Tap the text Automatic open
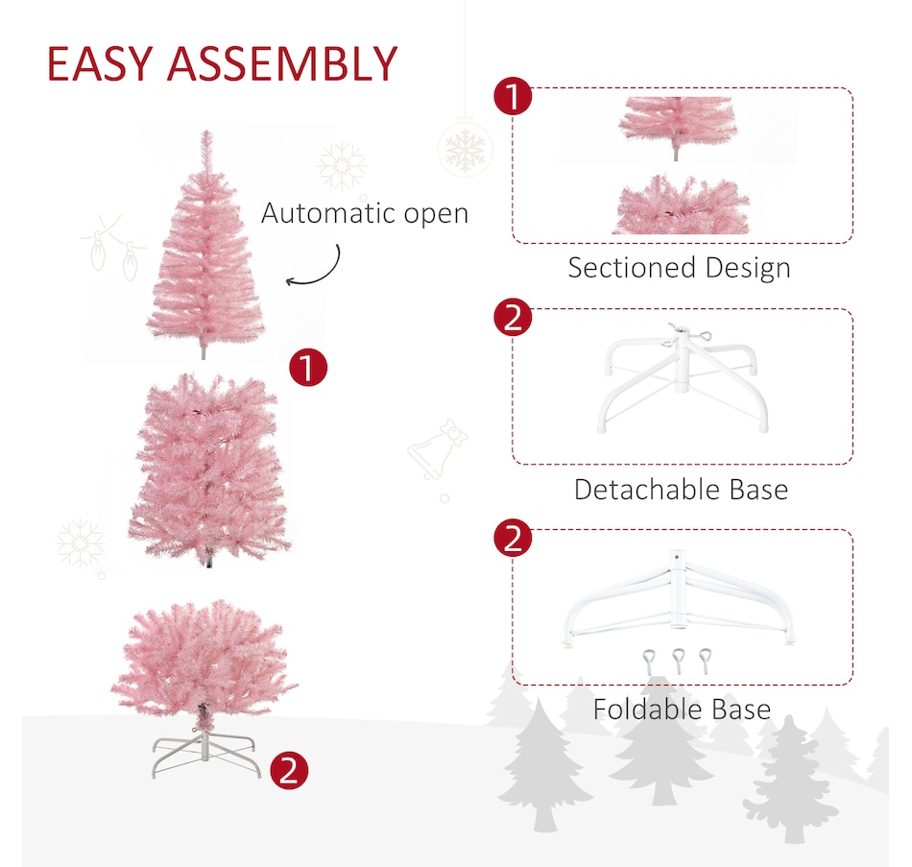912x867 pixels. click(365, 213)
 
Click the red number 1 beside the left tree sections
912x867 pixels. click(308, 367)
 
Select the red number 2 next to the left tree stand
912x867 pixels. click(289, 771)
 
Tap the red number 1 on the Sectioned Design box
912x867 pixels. click(513, 96)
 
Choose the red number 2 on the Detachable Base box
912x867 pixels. click(513, 317)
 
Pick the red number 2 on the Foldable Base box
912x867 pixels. click(513, 538)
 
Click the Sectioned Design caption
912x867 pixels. click(680, 268)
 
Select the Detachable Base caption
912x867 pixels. click(681, 490)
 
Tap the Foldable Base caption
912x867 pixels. click(682, 710)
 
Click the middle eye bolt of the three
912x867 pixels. click(678, 661)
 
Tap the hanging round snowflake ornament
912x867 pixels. click(465, 149)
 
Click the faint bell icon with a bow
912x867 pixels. click(438, 449)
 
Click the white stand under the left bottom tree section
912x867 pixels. click(204, 754)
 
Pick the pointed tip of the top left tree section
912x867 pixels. click(205, 132)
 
